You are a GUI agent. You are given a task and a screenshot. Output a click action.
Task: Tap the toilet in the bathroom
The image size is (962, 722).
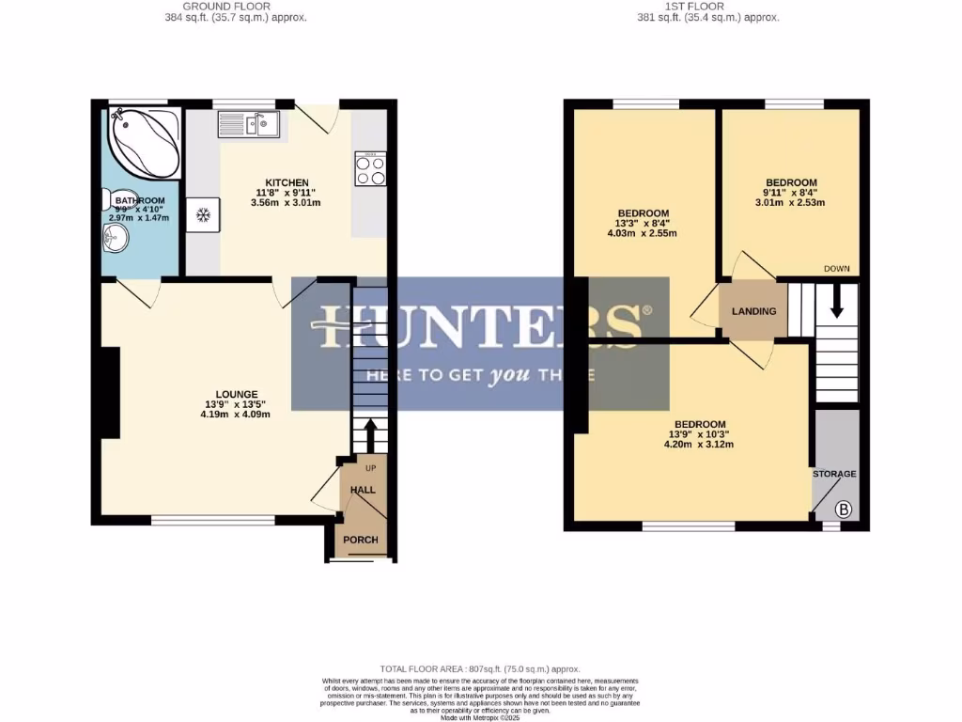(x=108, y=199)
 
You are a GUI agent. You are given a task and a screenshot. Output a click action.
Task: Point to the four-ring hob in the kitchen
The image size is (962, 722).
(x=370, y=169)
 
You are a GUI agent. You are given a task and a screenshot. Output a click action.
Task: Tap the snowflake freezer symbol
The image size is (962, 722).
(x=202, y=215)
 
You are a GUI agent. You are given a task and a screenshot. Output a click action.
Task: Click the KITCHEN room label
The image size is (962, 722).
(x=287, y=182)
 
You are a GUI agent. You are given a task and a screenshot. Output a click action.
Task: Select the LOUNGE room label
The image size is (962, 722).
(x=236, y=394)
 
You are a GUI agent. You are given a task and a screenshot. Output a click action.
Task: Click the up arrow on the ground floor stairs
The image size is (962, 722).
(x=368, y=435)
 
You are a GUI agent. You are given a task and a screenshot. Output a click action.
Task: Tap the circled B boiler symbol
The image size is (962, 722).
(x=843, y=510)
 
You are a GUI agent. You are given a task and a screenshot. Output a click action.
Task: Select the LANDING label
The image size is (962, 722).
(x=754, y=311)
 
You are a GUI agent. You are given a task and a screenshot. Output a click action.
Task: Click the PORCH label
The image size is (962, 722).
(x=361, y=540)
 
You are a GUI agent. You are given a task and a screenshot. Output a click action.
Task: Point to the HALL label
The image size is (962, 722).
(x=363, y=490)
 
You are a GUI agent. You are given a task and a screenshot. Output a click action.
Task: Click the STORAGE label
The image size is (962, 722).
(x=834, y=474)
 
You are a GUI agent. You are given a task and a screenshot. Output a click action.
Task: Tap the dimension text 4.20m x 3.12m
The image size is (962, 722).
(x=699, y=445)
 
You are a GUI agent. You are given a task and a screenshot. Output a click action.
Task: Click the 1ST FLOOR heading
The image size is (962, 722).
(x=708, y=6)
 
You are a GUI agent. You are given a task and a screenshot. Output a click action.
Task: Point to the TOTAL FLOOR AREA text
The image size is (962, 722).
(x=480, y=668)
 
